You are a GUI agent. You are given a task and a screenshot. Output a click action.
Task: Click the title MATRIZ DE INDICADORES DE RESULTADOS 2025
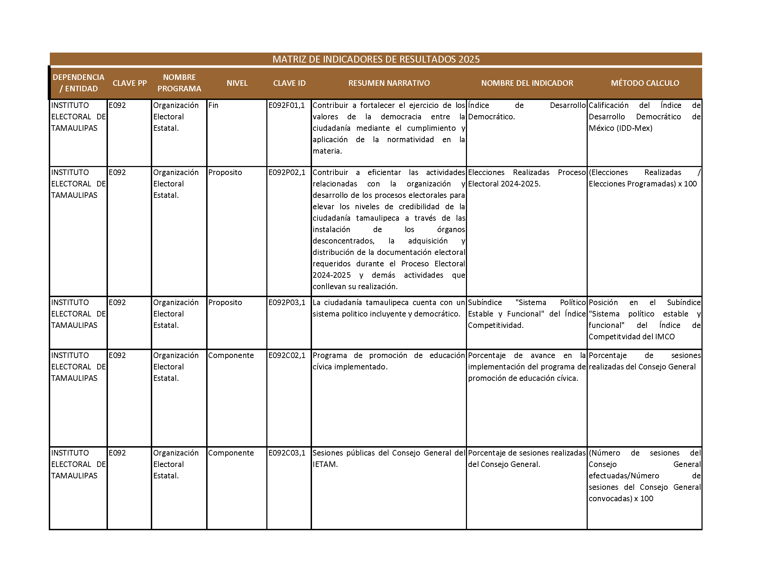(x=376, y=59)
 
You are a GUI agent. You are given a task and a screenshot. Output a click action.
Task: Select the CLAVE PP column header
(x=130, y=83)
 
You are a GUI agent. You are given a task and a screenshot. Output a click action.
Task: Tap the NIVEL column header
(x=237, y=83)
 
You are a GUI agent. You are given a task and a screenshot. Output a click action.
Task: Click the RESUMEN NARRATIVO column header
(x=389, y=83)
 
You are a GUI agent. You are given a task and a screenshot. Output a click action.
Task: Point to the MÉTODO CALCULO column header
(x=645, y=83)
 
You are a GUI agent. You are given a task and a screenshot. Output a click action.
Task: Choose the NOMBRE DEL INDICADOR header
(x=527, y=83)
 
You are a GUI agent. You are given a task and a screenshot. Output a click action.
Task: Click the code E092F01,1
(x=286, y=105)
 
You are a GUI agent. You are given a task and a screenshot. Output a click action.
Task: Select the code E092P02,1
(x=286, y=173)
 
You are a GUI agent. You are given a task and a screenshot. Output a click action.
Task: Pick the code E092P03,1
(x=286, y=303)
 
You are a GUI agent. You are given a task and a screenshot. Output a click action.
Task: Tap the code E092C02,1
(x=286, y=356)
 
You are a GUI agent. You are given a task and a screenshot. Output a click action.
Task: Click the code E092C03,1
(x=286, y=453)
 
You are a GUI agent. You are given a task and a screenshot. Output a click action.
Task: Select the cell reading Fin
(x=213, y=105)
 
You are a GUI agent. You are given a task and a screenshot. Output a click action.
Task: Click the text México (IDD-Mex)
(x=620, y=128)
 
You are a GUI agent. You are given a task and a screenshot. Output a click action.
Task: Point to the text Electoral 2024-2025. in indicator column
(x=504, y=184)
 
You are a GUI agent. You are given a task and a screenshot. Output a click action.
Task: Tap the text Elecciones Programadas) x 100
(x=643, y=184)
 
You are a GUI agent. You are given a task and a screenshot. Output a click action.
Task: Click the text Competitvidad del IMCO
(x=631, y=337)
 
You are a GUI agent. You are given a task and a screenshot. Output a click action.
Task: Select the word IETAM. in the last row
(x=325, y=465)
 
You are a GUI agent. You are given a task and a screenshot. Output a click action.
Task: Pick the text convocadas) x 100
(x=621, y=499)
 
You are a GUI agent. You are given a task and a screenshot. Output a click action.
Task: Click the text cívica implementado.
(x=350, y=367)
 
